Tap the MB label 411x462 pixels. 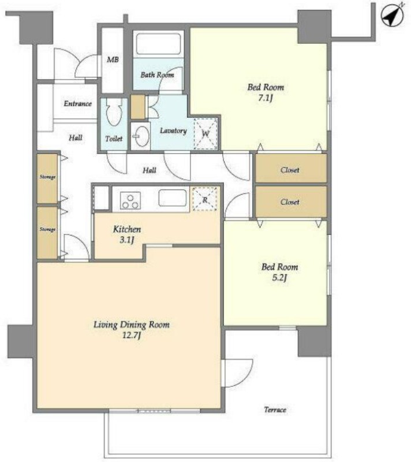coord(113,60)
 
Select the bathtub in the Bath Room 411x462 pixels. coord(159,44)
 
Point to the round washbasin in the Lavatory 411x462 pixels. coord(141,136)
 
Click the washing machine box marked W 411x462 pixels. coord(206,134)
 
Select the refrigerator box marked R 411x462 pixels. coord(205,199)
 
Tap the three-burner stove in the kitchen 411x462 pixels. coord(130,200)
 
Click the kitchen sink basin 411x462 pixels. coord(173,198)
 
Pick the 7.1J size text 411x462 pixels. coord(266,98)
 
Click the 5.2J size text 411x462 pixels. coord(279,278)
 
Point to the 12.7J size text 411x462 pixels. coord(131,336)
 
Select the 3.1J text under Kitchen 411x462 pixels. coord(127,240)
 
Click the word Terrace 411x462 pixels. coord(275,409)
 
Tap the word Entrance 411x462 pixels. coord(78,103)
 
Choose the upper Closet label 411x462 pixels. coord(290,170)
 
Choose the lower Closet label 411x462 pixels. coord(290,202)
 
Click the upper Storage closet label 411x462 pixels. coord(47,177)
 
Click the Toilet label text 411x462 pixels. coord(114,139)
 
